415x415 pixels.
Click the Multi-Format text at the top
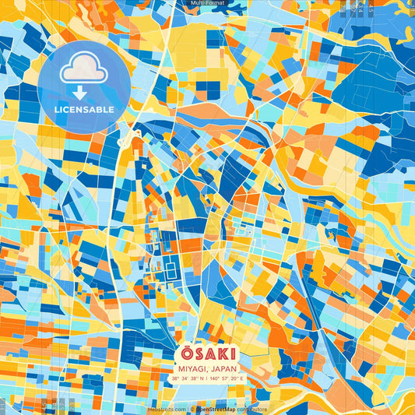pos(207,3)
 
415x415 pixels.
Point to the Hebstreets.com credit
pos(167,409)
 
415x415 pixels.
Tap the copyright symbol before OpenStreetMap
pos(192,409)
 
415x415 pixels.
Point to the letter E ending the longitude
pos(241,378)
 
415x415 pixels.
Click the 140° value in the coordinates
pos(213,378)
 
